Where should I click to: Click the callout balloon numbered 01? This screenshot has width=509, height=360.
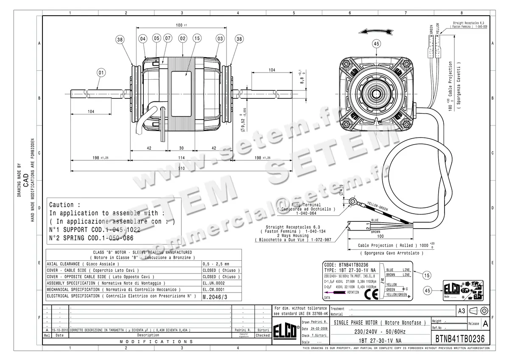point(101,72)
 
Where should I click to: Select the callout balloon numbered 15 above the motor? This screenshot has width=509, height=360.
point(196,39)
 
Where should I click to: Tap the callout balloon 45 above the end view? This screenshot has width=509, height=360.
point(376,43)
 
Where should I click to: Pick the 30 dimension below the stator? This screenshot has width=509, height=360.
point(182,148)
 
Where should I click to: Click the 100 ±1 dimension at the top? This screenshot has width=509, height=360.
point(182,25)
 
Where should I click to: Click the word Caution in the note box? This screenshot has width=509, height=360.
point(62,204)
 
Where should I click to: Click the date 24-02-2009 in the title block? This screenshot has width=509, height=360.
point(318,329)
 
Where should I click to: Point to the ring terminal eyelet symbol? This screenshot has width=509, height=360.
point(352,201)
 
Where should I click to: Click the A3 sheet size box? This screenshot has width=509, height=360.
point(461,311)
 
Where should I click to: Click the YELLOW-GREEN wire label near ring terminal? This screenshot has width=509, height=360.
point(378,207)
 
